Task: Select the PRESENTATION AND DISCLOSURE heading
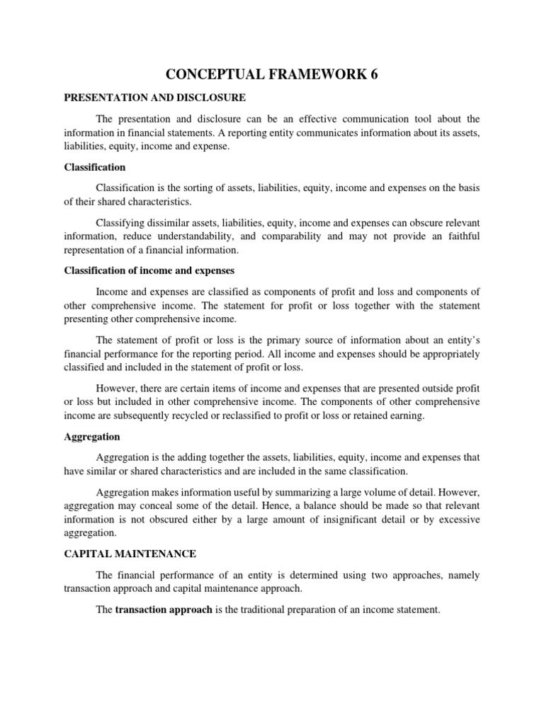(154, 97)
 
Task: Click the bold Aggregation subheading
(92, 437)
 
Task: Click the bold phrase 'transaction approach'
(164, 607)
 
